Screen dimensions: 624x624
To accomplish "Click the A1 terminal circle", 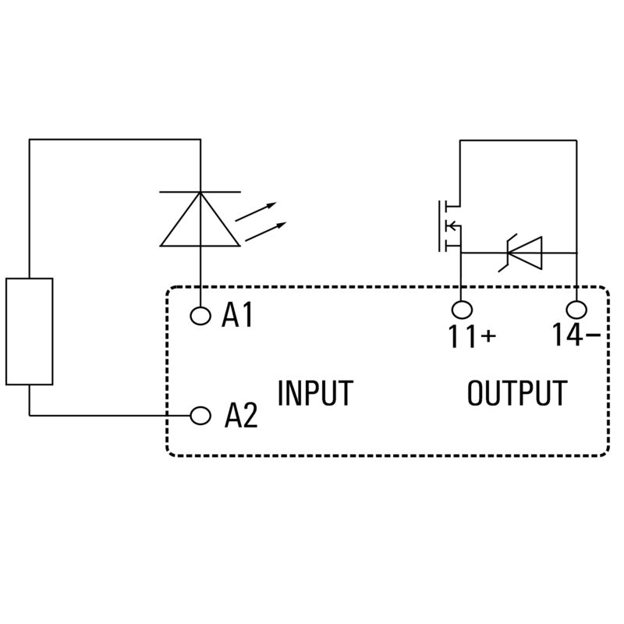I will coord(201,315).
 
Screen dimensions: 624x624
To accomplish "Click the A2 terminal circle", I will coord(201,415).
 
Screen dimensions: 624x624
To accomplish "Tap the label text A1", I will coord(238,315).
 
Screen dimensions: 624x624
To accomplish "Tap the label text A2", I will coord(240,416).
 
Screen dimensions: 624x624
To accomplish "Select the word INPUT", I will coord(315,393).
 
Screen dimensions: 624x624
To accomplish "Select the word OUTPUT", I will coord(517,393).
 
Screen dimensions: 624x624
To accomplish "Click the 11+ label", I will coord(471,336).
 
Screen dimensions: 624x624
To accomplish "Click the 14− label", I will coord(576,335).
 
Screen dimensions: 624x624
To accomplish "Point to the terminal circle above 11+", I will coord(460,308).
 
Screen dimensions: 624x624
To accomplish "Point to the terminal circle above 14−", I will coord(576,308).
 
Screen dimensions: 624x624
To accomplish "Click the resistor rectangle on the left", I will coord(30,331).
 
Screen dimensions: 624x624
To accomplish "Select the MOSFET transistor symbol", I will coord(448,227).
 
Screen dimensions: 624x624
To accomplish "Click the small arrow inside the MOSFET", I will coord(450,227).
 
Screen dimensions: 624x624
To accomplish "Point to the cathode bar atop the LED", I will coord(200,192).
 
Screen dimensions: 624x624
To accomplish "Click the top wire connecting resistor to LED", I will coord(115,140).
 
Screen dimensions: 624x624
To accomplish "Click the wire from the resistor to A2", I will coord(109,415).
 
